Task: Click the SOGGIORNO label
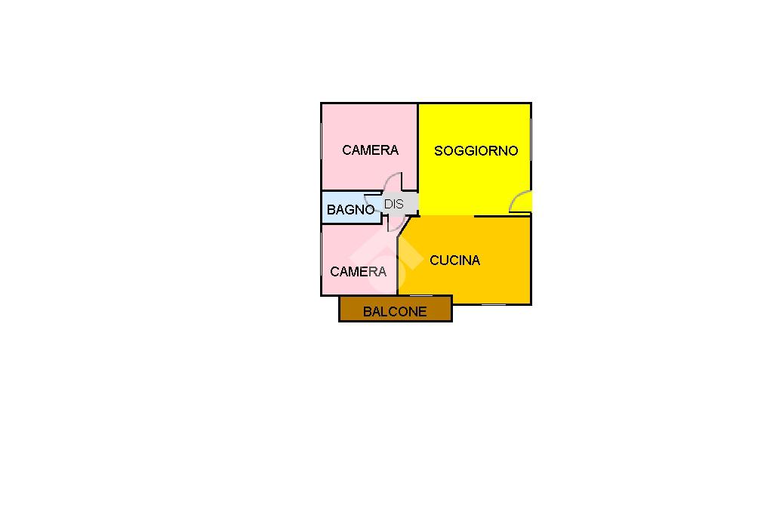[x=476, y=151]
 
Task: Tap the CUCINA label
[x=454, y=261]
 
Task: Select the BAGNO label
[x=350, y=210]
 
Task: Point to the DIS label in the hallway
[x=393, y=204]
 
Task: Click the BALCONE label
[x=395, y=311]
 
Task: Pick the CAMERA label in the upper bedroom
[x=370, y=150]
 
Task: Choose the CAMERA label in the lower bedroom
[x=358, y=272]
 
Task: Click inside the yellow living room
[x=476, y=181]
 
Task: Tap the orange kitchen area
[x=483, y=283]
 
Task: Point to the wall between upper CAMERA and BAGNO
[x=355, y=190]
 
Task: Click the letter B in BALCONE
[x=367, y=311]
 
